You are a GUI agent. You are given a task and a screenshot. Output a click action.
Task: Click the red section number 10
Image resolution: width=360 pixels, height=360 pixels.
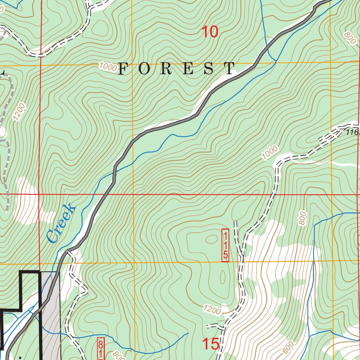click(210, 32)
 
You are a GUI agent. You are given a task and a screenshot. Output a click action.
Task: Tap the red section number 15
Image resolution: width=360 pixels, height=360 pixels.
click(211, 344)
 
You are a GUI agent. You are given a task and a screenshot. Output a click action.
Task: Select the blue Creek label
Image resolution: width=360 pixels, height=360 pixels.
click(61, 223)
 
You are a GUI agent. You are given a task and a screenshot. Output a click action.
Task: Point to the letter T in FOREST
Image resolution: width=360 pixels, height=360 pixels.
click(231, 69)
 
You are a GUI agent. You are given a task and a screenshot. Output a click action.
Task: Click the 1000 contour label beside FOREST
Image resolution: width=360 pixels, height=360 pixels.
click(108, 66)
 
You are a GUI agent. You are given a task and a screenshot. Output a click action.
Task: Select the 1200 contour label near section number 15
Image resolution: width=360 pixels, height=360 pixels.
click(212, 310)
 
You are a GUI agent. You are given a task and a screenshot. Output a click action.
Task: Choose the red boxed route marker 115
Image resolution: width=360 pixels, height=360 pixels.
click(225, 245)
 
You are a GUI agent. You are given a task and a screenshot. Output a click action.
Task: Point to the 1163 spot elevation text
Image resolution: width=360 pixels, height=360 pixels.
click(352, 133)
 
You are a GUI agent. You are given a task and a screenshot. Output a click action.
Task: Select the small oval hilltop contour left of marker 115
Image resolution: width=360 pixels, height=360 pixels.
click(212, 239)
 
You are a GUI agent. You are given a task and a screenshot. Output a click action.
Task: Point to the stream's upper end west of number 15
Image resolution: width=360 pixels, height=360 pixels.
click(188, 333)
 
